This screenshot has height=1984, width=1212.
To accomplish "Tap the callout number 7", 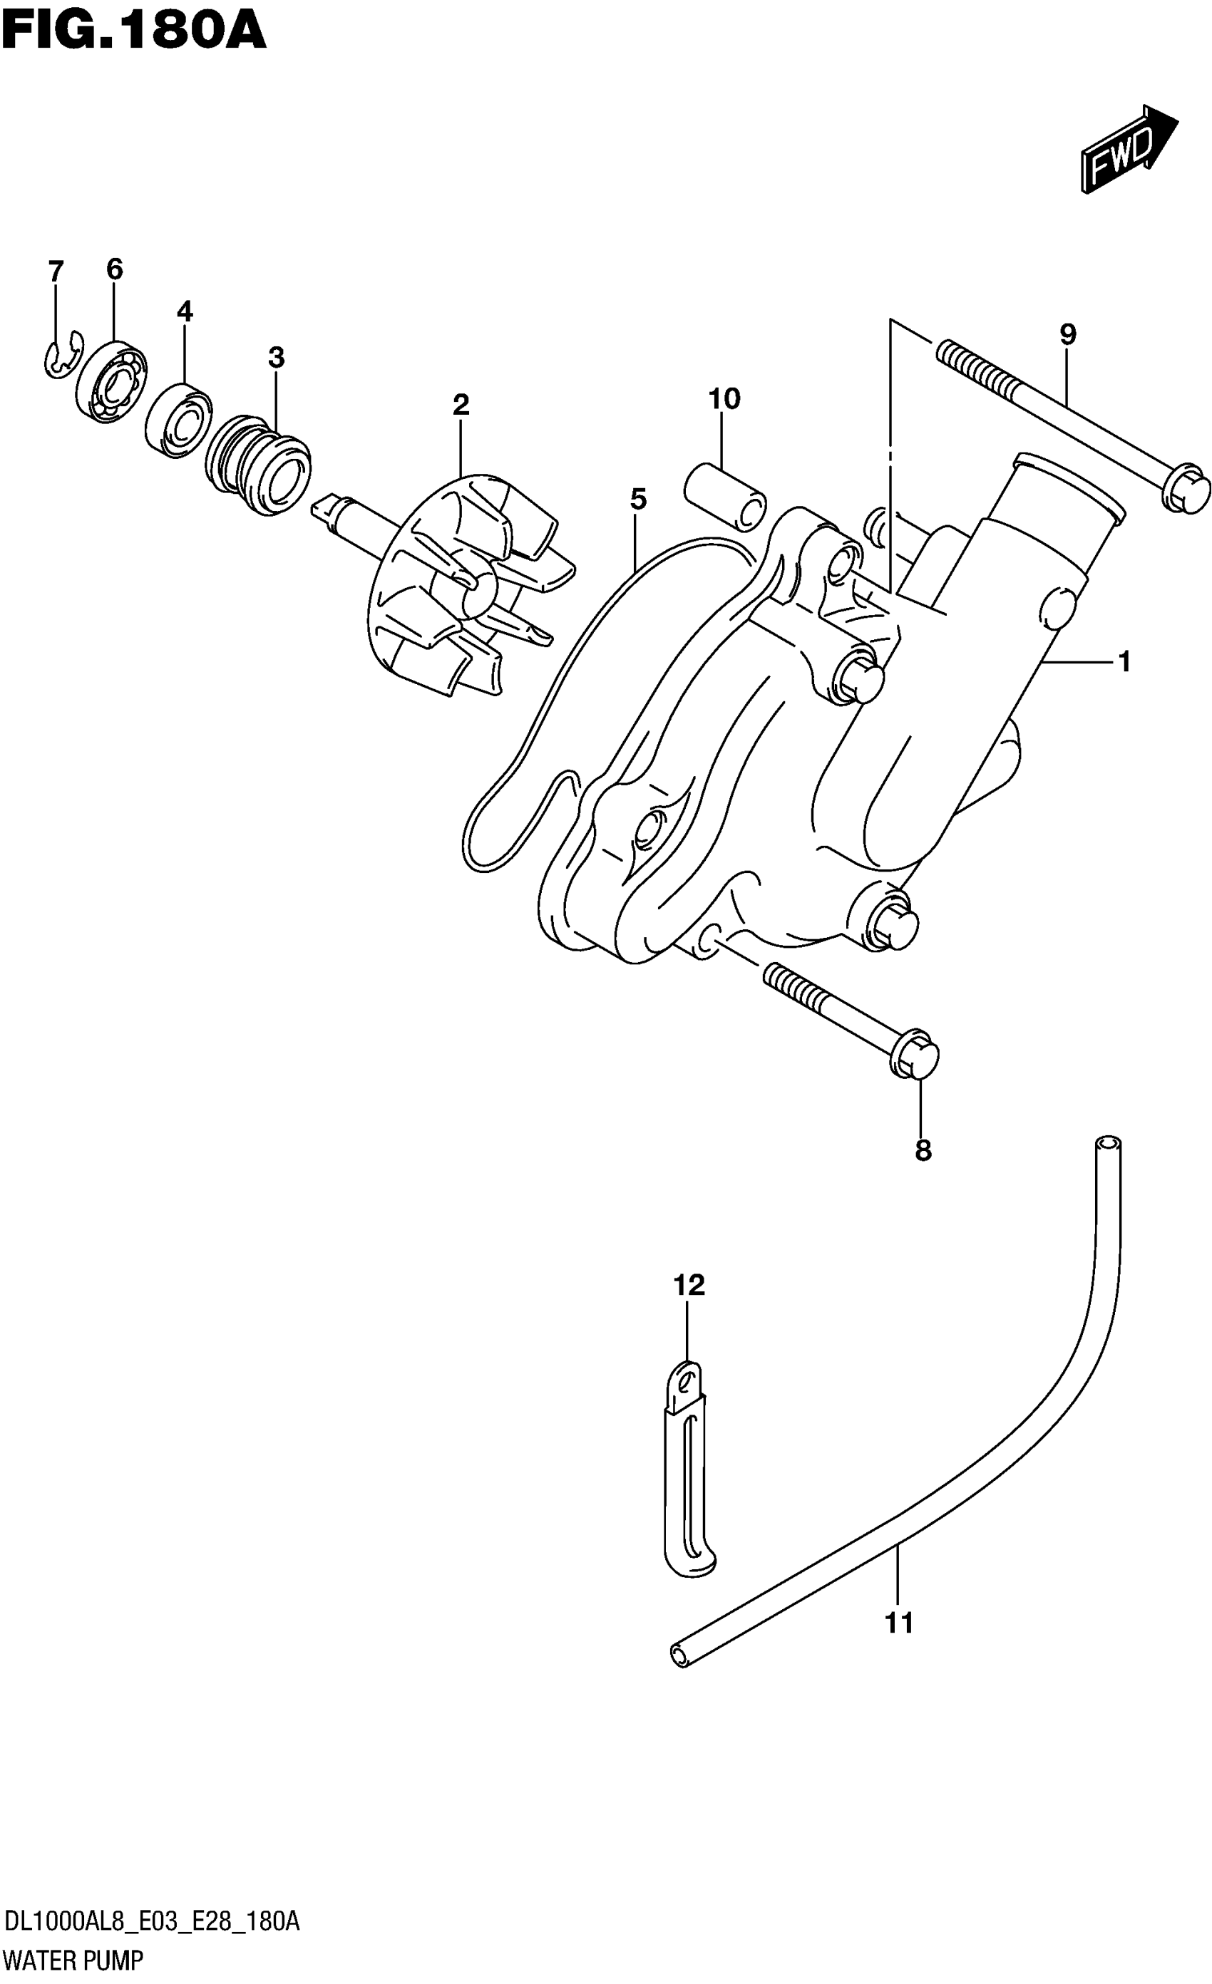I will click(x=55, y=272).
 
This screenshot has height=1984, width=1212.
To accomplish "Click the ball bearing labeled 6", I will click(x=112, y=381).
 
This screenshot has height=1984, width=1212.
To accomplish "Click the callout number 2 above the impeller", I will click(x=461, y=404).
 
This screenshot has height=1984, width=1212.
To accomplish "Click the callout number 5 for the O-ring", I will click(x=638, y=500).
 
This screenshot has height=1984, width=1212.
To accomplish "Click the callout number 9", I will click(x=1068, y=334).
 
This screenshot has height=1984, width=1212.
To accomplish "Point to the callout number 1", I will click(x=1124, y=662).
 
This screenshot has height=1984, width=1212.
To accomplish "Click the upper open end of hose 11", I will click(x=1107, y=1145).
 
